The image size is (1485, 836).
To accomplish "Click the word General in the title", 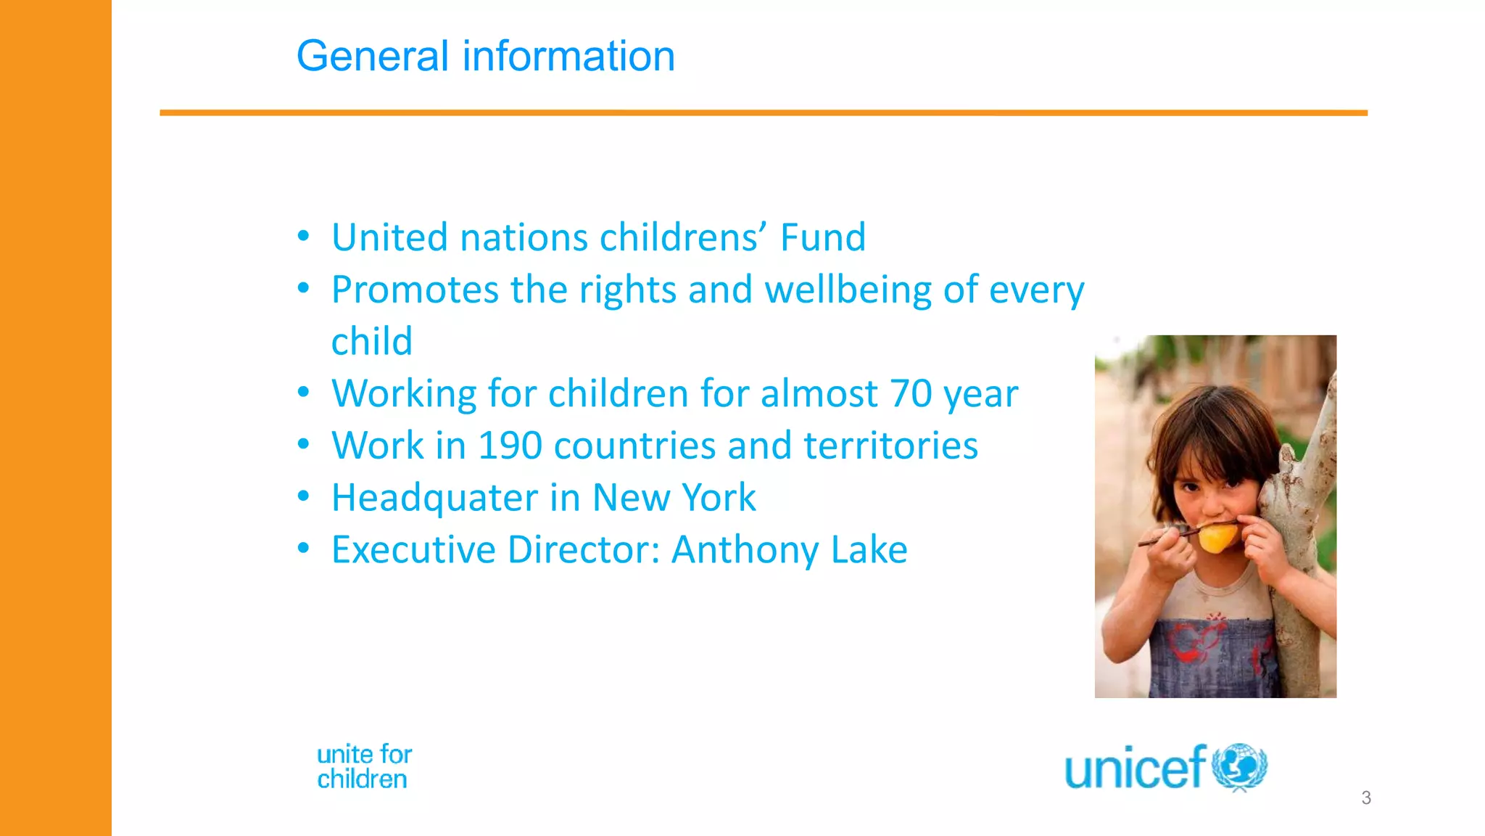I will click(373, 57).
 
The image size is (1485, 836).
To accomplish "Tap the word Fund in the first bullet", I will click(822, 237).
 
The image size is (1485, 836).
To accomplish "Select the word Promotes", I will click(414, 290).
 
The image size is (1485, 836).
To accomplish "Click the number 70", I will click(911, 393).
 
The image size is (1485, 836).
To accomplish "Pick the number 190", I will click(510, 446).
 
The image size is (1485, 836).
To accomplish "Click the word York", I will click(719, 498).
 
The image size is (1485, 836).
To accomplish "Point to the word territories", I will click(890, 446).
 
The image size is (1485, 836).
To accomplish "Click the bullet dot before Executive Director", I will click(303, 549).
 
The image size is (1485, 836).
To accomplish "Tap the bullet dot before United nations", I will click(303, 237).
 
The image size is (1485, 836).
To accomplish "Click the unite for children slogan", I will click(364, 767).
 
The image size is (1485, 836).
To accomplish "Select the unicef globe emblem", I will click(1239, 766).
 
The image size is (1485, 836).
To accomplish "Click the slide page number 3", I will click(1366, 798).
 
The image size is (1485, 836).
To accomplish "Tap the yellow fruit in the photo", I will click(1217, 538).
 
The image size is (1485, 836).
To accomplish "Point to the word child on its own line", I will click(371, 342).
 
